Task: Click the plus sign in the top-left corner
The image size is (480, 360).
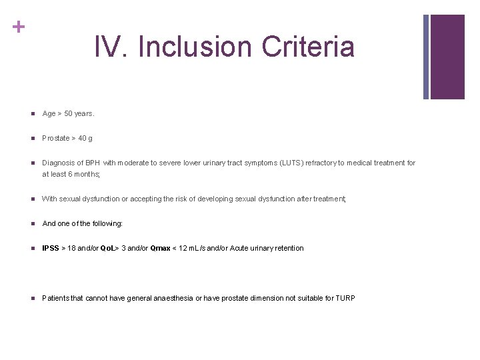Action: (x=19, y=27)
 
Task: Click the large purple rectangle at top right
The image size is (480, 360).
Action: (x=447, y=57)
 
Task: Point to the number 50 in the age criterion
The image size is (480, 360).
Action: (x=69, y=114)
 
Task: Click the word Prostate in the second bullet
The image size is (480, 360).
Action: (x=56, y=139)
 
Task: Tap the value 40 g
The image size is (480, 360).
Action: (x=85, y=139)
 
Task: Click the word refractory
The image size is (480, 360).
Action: (x=321, y=163)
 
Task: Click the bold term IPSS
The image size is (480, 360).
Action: (x=50, y=249)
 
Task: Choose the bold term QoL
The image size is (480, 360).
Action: (x=107, y=249)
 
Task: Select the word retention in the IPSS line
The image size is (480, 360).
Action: (x=288, y=249)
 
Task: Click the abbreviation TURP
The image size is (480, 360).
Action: (x=345, y=298)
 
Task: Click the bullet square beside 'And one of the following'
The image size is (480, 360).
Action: (x=31, y=224)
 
